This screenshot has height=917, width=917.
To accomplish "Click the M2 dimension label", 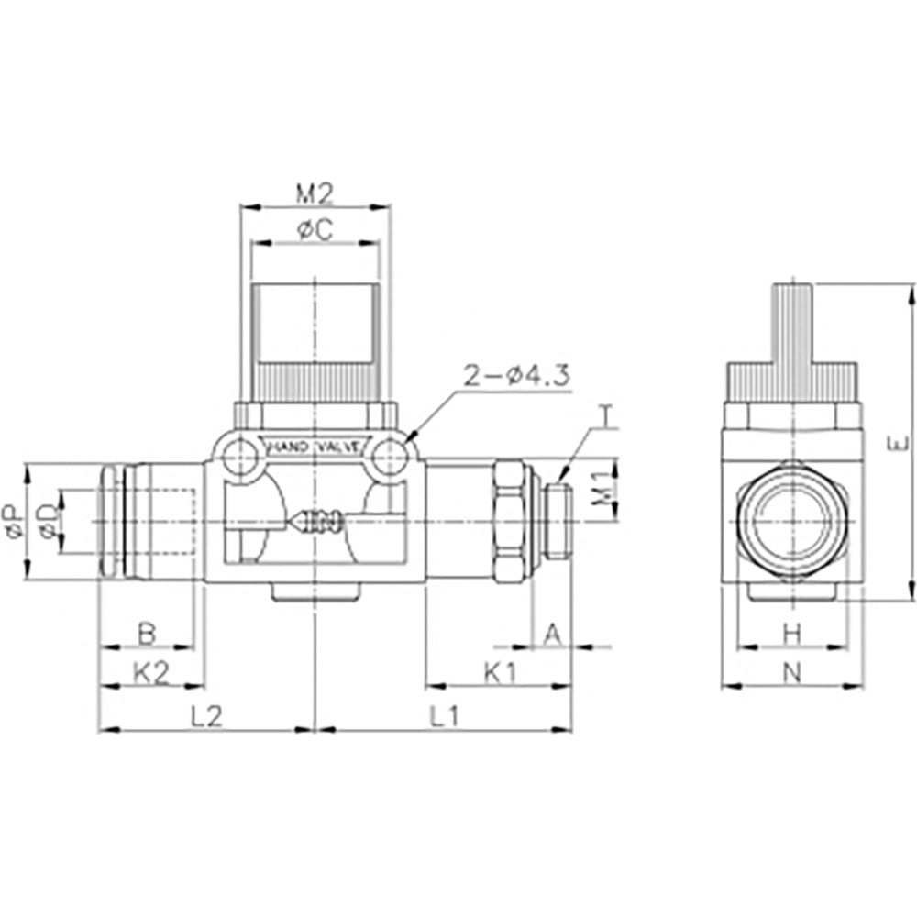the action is point(314,193).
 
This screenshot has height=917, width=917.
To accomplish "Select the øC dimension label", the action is point(315,230).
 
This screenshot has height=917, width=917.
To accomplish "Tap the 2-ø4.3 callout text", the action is point(516,375).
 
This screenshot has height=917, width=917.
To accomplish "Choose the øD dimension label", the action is point(50,521).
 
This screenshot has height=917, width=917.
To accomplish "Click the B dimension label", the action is point(147,633).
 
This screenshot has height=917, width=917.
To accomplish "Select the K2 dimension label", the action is point(151,674).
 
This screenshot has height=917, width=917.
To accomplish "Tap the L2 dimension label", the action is point(207,716).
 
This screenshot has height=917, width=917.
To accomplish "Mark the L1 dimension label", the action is point(446,716).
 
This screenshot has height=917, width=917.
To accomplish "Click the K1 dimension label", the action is point(501,674).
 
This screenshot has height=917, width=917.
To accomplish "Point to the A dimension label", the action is point(553,634).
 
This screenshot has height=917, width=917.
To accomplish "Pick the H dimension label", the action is point(792,634).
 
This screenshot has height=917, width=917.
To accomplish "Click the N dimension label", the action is point(792,674).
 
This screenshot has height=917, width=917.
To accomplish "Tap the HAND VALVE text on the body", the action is point(314,447).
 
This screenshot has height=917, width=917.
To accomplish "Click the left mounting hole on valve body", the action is point(240,458).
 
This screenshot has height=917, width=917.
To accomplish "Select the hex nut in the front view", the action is point(509,522).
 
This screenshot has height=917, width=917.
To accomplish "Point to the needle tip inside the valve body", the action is point(289,520).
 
